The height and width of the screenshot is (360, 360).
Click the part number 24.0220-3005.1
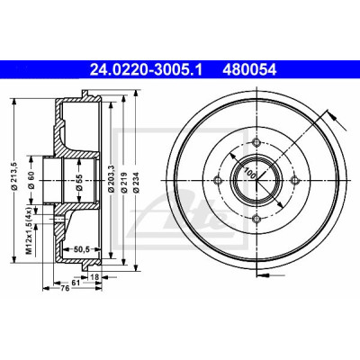pos(147,70)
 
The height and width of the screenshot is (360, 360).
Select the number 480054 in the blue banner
pos(249,70)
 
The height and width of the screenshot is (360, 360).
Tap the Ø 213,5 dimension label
pos(14,175)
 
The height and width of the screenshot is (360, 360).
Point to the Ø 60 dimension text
pos(32,180)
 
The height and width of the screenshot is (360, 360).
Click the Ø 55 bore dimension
pos(79,182)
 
